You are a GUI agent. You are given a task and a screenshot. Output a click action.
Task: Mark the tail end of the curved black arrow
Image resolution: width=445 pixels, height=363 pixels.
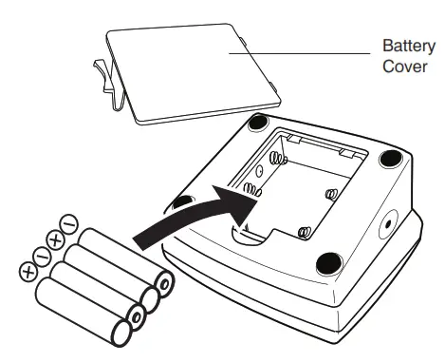pyautogui.click(x=142, y=242)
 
